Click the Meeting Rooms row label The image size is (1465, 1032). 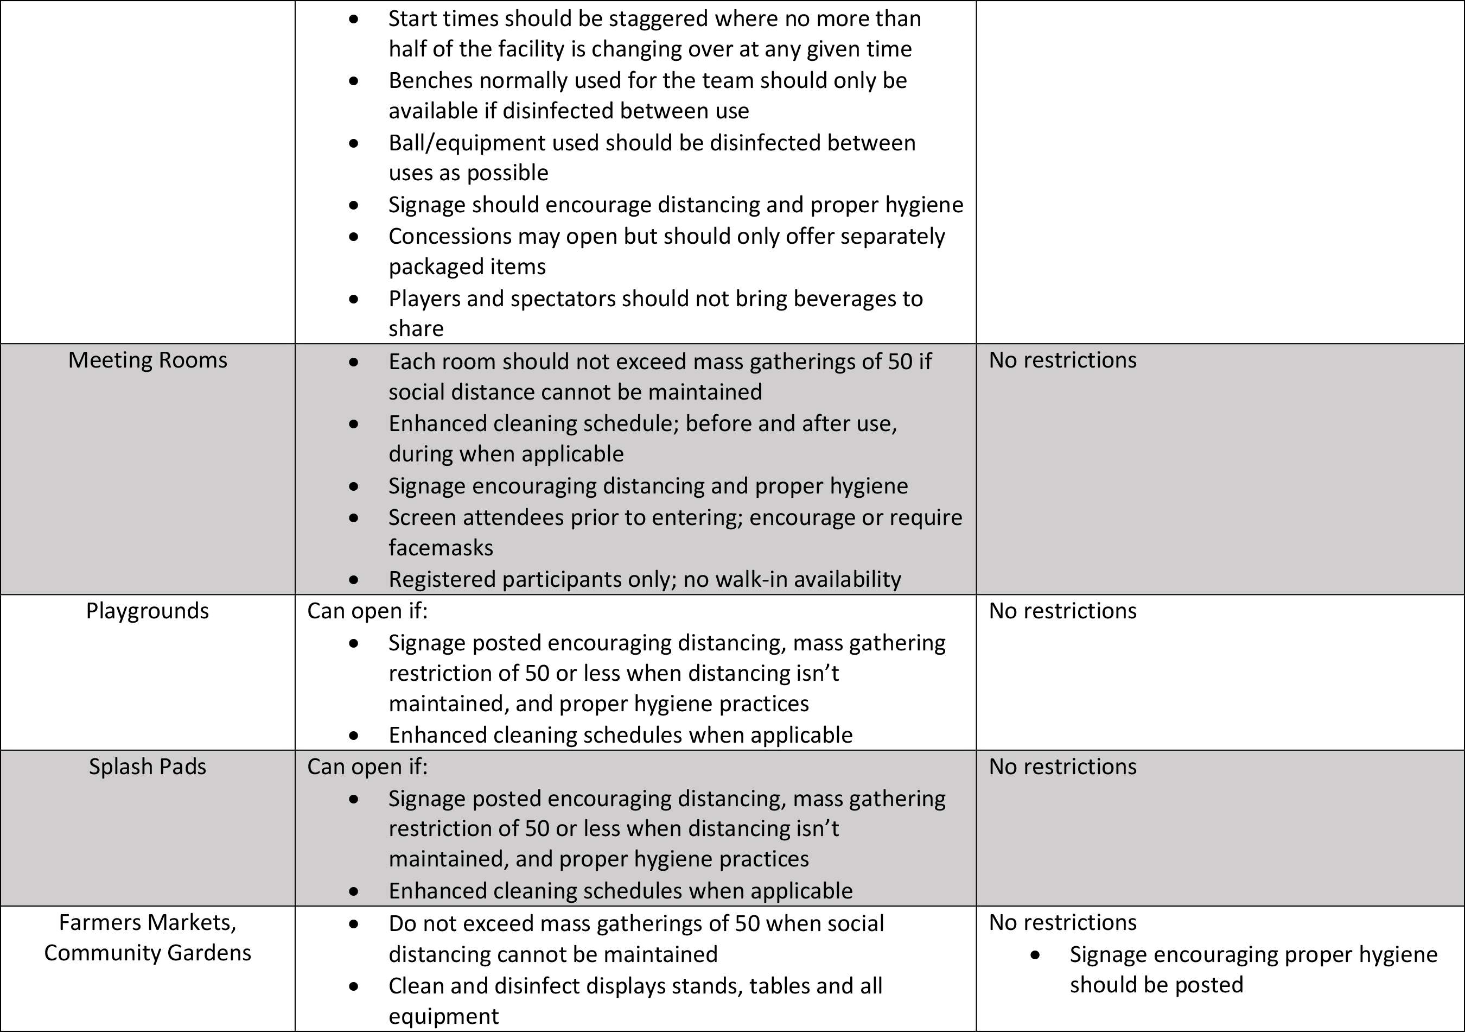148,360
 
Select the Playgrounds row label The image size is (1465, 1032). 148,611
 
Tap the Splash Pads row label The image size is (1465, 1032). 148,767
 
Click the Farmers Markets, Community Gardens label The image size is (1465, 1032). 148,938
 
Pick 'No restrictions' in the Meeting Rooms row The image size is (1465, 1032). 1062,360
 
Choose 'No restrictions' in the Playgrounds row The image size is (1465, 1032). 1062,611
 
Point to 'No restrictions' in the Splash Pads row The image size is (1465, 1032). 1062,767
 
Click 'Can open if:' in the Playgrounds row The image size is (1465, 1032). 367,611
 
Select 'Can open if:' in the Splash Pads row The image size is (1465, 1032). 367,767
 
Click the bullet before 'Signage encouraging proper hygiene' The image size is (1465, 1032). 1035,955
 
